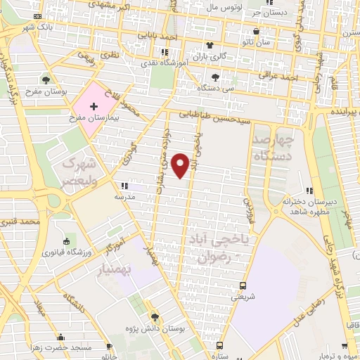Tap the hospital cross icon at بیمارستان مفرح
[x=94, y=105]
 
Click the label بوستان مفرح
[x=47, y=92]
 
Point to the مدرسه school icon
[x=124, y=186]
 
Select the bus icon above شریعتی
[x=243, y=286]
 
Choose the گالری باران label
[x=210, y=55]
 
